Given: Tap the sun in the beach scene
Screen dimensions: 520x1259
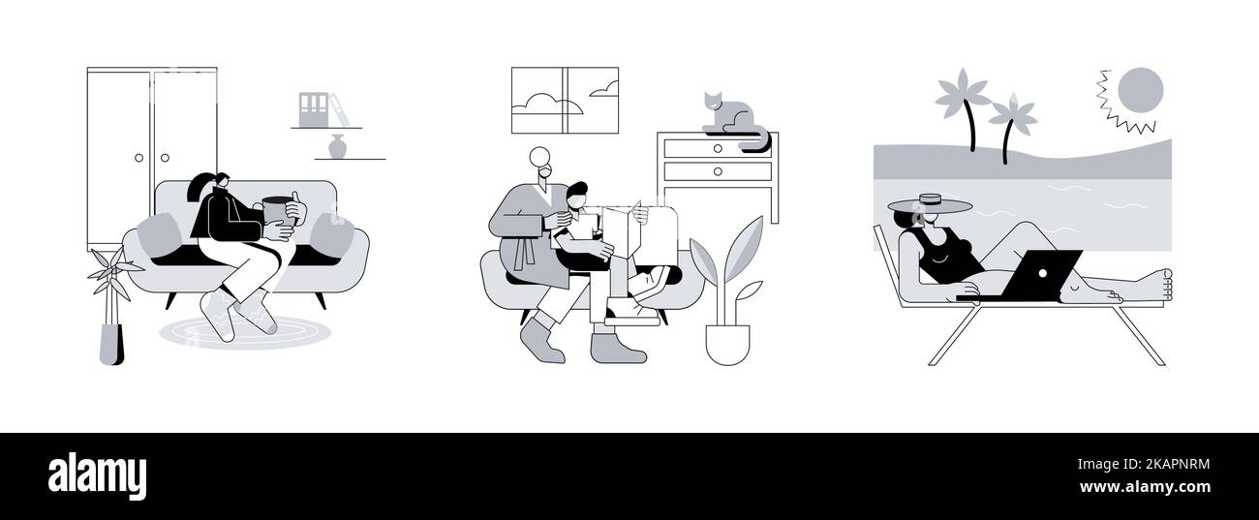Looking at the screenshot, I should point(1139,90).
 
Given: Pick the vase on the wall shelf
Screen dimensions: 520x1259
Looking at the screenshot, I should point(337,146).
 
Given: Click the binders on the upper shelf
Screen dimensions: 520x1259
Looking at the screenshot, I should point(317,107).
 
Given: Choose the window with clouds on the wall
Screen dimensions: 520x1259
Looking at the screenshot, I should point(564,100).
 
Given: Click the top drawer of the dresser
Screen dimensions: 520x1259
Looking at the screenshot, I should point(717,147).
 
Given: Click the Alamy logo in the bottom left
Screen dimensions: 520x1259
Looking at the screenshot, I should point(97,476).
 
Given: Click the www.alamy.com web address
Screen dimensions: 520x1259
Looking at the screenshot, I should point(1144,486).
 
